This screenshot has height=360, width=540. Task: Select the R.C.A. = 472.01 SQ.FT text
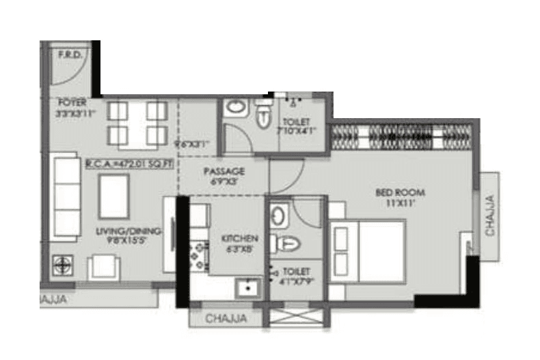(128, 163)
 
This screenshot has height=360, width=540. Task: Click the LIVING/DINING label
(129, 232)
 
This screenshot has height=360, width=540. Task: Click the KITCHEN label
(239, 238)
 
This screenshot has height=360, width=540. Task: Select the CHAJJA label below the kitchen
(226, 318)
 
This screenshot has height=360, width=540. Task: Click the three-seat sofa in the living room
(66, 197)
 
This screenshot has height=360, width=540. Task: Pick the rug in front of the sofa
(113, 197)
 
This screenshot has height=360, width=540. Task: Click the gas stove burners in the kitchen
(198, 254)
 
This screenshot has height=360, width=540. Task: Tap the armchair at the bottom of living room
(103, 266)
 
